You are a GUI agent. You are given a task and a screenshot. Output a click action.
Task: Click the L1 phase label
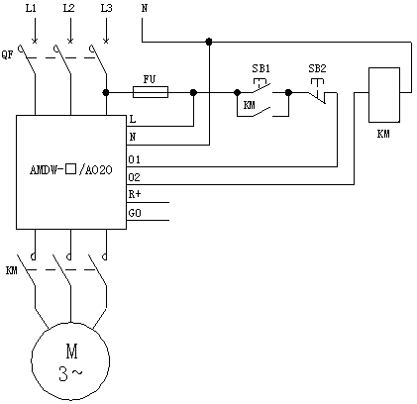pyautogui.click(x=31, y=8)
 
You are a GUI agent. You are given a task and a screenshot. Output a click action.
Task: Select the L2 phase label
pyautogui.click(x=68, y=8)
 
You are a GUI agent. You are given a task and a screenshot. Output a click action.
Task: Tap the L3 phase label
pyautogui.click(x=106, y=8)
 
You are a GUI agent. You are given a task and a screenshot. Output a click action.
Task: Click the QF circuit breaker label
pyautogui.click(x=7, y=54)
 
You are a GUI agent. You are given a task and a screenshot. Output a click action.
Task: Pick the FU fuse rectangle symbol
pyautogui.click(x=151, y=92)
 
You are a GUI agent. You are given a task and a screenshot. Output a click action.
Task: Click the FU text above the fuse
pyautogui.click(x=149, y=79)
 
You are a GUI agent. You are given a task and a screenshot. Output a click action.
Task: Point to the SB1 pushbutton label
pyautogui.click(x=261, y=68)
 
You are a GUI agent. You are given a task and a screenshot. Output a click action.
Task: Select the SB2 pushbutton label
pyautogui.click(x=317, y=68)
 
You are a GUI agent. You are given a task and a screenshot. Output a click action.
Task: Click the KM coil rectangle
pyautogui.click(x=384, y=95)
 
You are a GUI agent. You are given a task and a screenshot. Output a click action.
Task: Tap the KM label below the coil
pyautogui.click(x=383, y=134)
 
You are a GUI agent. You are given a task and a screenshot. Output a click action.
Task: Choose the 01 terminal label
pyautogui.click(x=134, y=160)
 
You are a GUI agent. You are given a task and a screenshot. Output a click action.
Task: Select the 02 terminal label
pyautogui.click(x=134, y=178)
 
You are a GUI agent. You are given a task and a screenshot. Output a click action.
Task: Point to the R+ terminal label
pyautogui.click(x=135, y=194)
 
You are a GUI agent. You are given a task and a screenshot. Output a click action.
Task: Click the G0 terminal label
pyautogui.click(x=135, y=213)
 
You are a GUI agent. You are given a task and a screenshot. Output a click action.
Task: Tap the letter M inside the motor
pyautogui.click(x=71, y=352)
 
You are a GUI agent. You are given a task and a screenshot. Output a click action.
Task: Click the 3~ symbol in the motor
pyautogui.click(x=70, y=373)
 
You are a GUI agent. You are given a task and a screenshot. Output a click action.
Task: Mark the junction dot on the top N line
pyautogui.click(x=209, y=42)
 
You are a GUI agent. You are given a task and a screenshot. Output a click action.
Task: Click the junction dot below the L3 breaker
pyautogui.click(x=106, y=92)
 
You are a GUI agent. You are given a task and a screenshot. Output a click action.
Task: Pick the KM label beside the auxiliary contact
pyautogui.click(x=250, y=105)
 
